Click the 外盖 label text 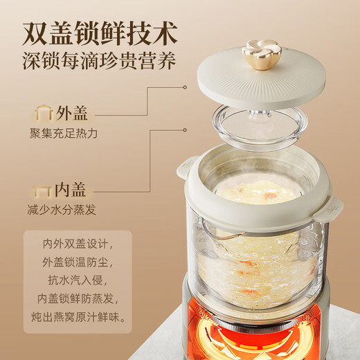pos(73,113)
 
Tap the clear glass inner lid pos(260,125)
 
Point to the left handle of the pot pos(185,165)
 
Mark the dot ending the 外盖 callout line pos(185,87)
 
